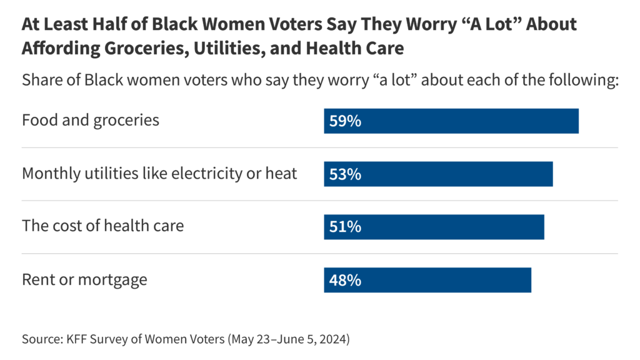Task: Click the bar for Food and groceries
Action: [451, 121]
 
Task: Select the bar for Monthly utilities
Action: [438, 174]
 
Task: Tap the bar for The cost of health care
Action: [434, 227]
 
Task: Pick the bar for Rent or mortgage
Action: [427, 280]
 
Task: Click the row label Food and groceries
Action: [91, 120]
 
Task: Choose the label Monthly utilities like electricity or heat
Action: [159, 173]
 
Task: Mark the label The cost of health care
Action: [102, 226]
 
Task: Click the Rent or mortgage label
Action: [84, 279]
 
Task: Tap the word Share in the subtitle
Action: [42, 81]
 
